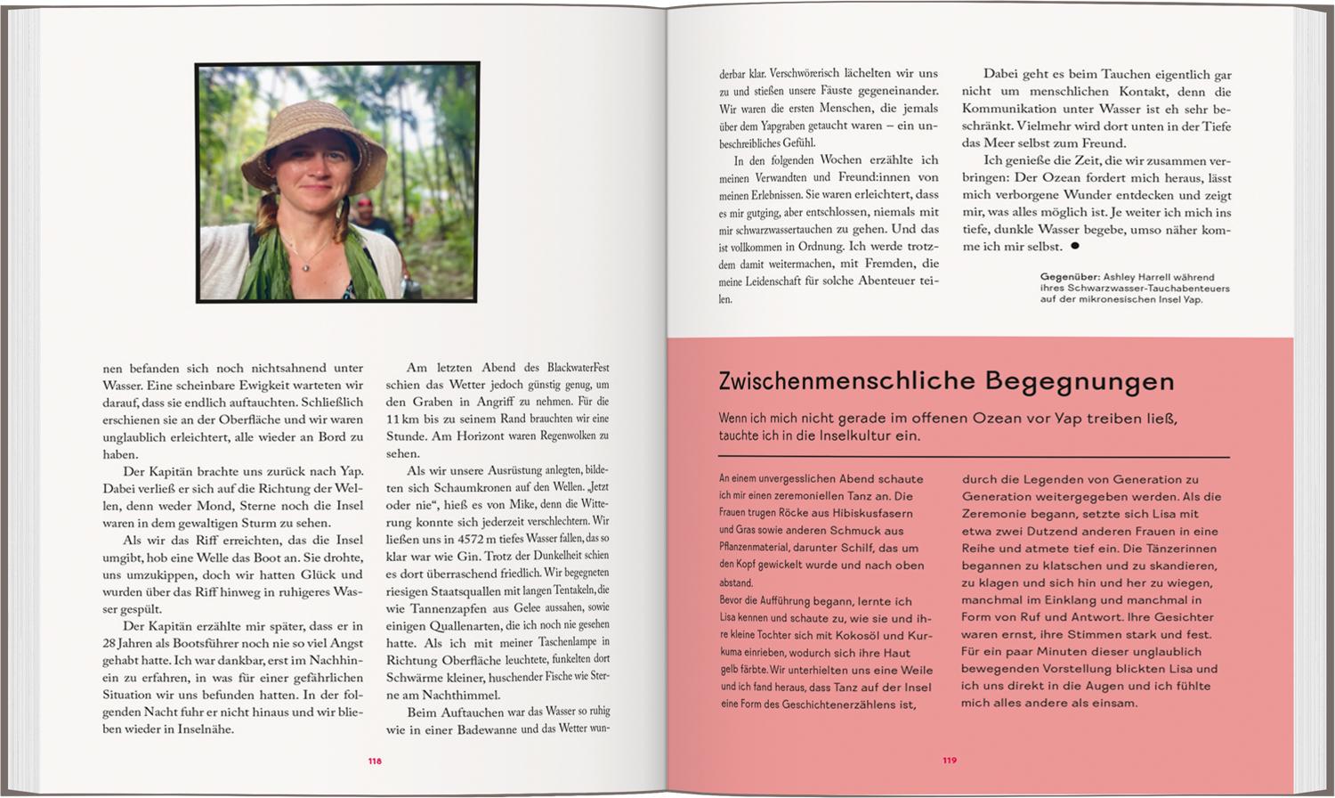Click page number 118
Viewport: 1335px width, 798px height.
(375, 761)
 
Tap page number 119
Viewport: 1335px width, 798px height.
(950, 761)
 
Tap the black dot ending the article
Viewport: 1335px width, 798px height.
(1074, 246)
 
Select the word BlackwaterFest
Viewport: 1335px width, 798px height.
(578, 367)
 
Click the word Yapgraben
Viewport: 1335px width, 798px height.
(784, 126)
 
